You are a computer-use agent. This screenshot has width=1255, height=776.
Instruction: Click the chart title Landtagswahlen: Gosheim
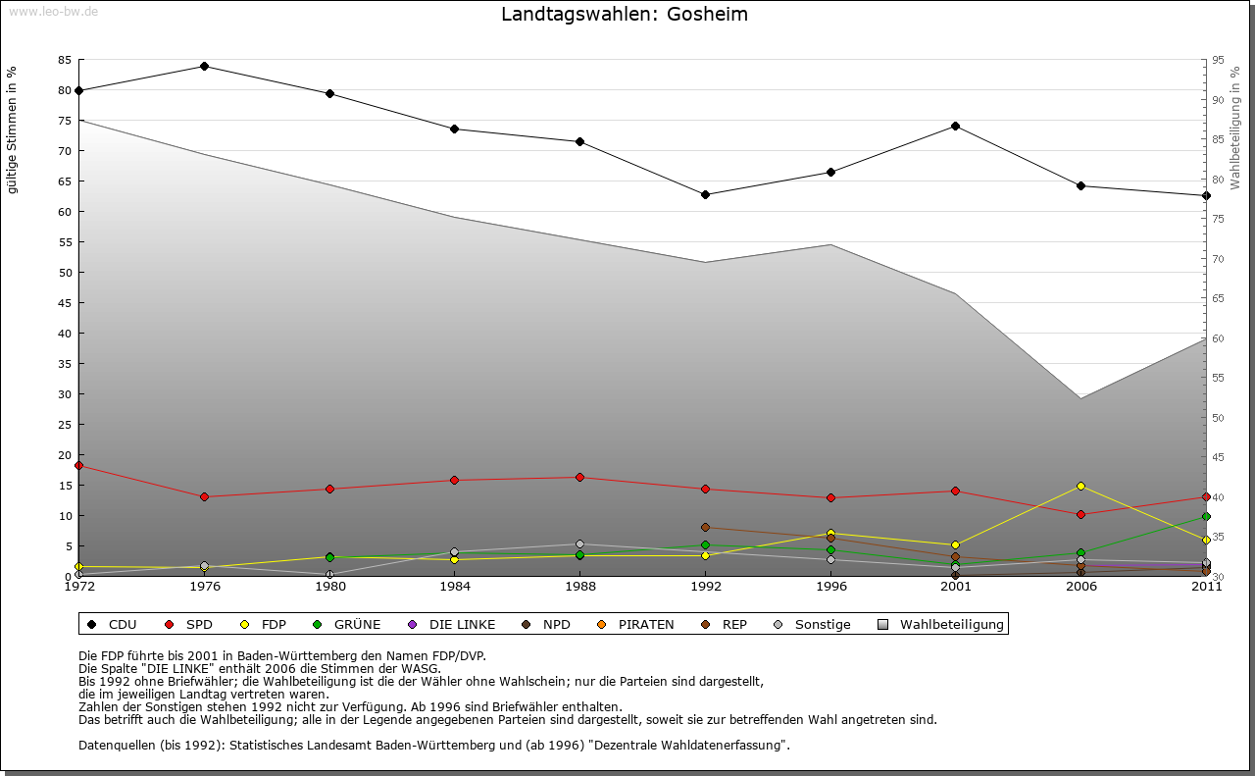[x=625, y=14]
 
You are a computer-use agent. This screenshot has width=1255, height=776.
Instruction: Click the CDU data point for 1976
[x=204, y=66]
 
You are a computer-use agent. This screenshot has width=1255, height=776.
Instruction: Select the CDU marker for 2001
[x=955, y=126]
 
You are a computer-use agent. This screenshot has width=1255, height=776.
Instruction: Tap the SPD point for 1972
[x=78, y=465]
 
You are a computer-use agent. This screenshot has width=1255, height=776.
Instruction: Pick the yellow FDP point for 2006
[x=1080, y=486]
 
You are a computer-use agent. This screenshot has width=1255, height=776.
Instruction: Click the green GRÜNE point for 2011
[x=1206, y=516]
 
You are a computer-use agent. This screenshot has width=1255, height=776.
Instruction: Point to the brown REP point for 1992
[x=705, y=527]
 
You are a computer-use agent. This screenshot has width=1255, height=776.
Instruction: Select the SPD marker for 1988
[x=579, y=477]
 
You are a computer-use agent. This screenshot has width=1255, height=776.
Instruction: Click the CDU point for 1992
[x=705, y=194]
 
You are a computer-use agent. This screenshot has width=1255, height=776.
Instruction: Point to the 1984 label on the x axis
[x=454, y=587]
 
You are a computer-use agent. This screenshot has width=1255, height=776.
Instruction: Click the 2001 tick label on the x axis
[x=955, y=587]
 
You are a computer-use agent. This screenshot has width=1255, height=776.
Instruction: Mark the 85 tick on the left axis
[x=64, y=60]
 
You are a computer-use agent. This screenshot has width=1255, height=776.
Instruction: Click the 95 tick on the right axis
[x=1218, y=60]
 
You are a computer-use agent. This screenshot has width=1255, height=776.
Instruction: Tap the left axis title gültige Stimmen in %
[x=13, y=129]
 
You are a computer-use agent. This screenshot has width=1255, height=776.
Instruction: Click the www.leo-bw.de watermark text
[x=53, y=11]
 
